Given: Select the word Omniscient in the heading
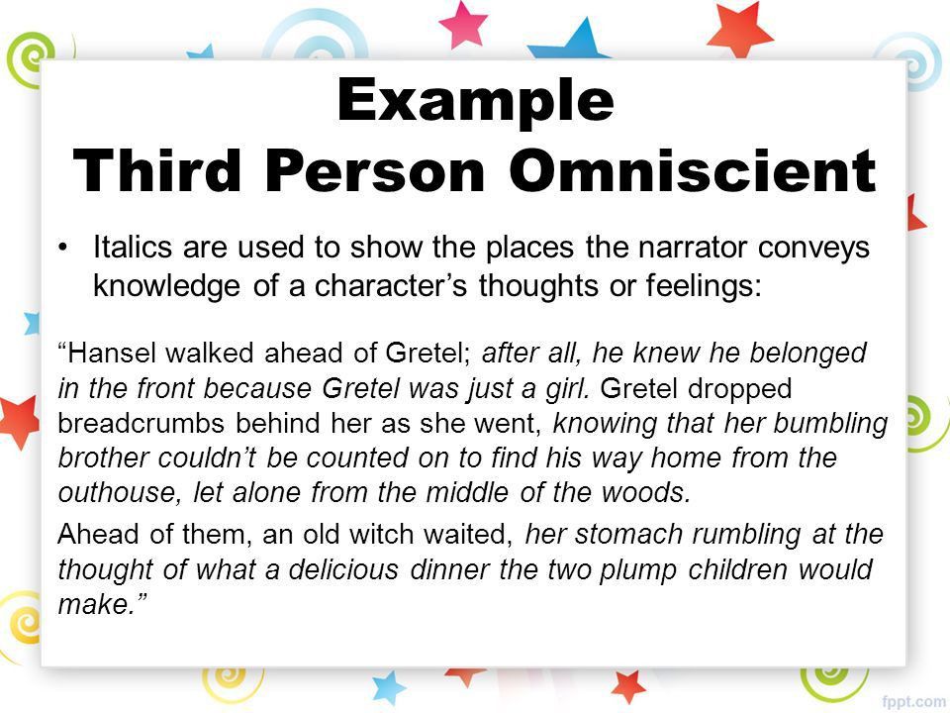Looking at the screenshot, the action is [692, 170].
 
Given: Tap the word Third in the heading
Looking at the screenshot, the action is [156, 170].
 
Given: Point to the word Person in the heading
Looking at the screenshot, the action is [374, 170].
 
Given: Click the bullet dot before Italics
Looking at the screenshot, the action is [61, 248].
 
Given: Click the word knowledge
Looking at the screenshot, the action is [166, 286].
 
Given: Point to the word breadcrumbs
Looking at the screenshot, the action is [141, 423].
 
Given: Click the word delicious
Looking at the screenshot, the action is [343, 570].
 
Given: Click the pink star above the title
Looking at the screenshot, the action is [462, 24].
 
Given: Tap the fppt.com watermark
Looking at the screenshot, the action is [915, 701].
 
